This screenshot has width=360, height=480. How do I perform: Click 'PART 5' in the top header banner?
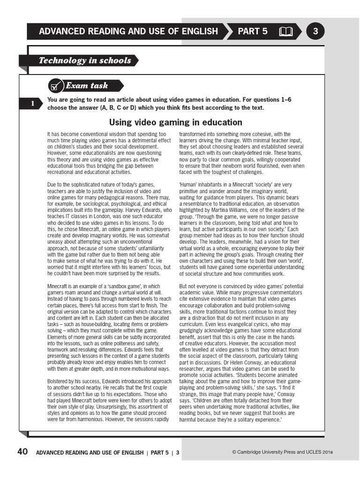pyautogui.click(x=253, y=31)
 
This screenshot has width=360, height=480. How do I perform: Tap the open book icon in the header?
pyautogui.click(x=285, y=32)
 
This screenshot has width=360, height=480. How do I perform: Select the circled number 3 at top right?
pyautogui.click(x=315, y=31)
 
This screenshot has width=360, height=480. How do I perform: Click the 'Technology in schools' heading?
pyautogui.click(x=85, y=60)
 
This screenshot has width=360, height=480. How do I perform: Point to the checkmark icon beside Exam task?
pyautogui.click(x=55, y=86)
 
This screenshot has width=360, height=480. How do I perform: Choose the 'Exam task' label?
pyautogui.click(x=87, y=86)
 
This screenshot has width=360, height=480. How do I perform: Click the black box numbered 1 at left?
pyautogui.click(x=32, y=104)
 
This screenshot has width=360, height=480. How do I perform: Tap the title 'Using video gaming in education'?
pyautogui.click(x=175, y=122)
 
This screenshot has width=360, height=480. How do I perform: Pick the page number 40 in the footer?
pyautogui.click(x=22, y=452)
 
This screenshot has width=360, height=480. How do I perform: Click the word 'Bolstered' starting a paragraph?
pyautogui.click(x=59, y=381)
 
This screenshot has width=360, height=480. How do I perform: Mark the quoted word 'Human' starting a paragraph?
pyautogui.click(x=188, y=185)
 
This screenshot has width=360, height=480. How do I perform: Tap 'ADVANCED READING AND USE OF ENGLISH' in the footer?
pyautogui.click(x=90, y=452)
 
